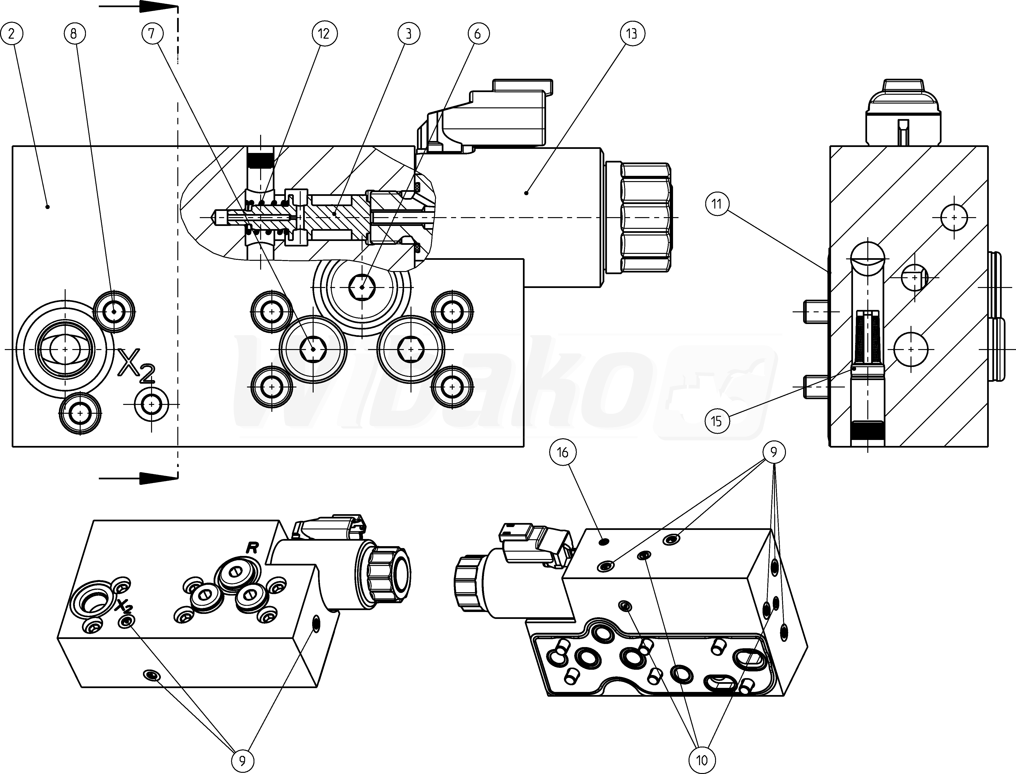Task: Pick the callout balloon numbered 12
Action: point(324,34)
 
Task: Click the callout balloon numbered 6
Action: point(477,34)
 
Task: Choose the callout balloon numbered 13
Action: point(632,34)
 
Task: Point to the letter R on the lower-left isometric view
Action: point(252,548)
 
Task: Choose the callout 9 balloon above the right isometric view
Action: point(774,452)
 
